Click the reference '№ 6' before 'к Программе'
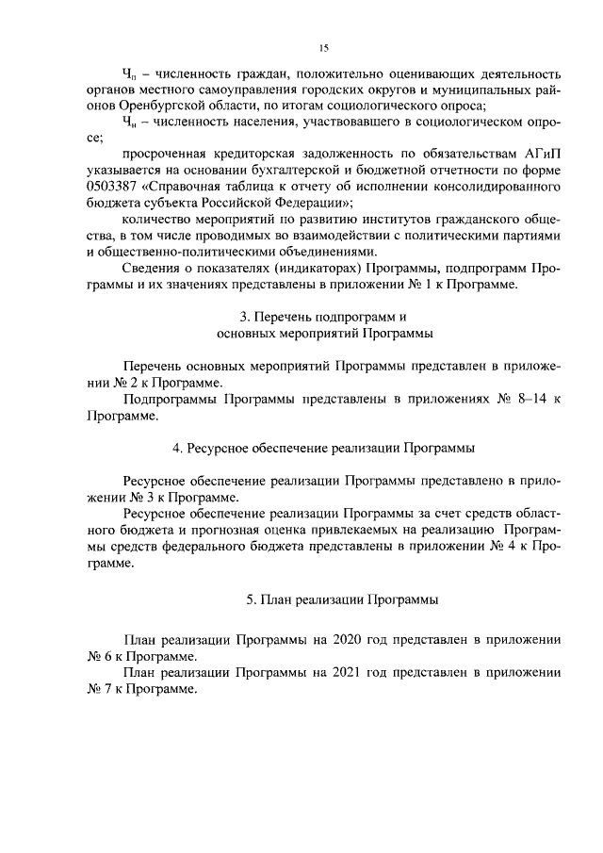pyautogui.click(x=99, y=655)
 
